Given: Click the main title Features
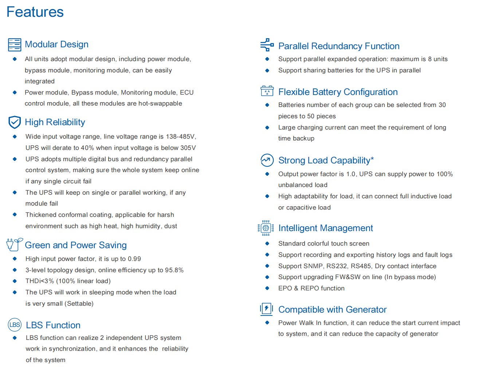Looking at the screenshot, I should [x=35, y=12].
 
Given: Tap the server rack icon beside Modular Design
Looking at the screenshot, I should [x=15, y=45].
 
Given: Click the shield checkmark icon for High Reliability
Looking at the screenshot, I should [x=15, y=122].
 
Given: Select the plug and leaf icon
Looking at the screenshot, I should [x=15, y=244].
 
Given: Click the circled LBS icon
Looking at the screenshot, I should [x=15, y=325].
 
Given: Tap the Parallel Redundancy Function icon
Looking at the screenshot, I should [x=267, y=45].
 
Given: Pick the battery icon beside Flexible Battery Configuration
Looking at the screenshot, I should [x=267, y=91].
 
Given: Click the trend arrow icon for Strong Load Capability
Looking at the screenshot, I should [x=267, y=160].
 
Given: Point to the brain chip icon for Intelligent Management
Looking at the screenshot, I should [x=266, y=228].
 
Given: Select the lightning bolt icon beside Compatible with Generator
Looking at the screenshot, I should [x=267, y=309].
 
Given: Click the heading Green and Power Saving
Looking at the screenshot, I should [x=76, y=245].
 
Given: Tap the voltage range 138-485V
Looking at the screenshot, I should [x=181, y=137].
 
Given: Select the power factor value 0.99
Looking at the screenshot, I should [x=134, y=259].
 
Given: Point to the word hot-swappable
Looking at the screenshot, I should [x=160, y=103].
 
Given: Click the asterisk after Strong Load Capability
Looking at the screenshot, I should [x=372, y=159].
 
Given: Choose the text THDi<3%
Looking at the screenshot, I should [x=39, y=281].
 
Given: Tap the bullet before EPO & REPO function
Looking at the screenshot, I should [x=267, y=288].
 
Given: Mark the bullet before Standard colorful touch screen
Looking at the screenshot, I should [x=267, y=243].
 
